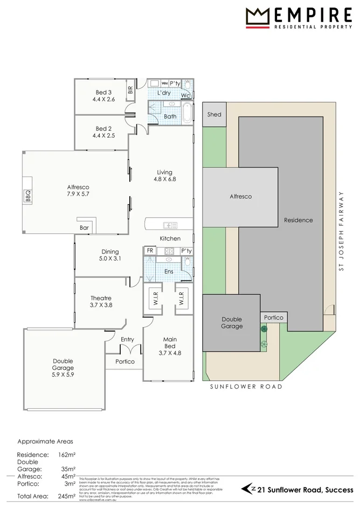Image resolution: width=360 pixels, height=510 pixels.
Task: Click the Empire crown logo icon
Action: pyautogui.click(x=258, y=17)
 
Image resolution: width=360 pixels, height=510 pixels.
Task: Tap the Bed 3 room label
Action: pyautogui.click(x=103, y=96)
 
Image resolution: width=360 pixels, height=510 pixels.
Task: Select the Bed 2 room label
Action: pyautogui.click(x=103, y=132)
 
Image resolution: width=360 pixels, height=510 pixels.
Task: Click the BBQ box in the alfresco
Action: pyautogui.click(x=27, y=198)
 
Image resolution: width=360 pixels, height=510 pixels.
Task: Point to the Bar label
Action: pyautogui.click(x=85, y=229)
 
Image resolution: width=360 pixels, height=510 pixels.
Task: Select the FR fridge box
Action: pyautogui.click(x=150, y=251)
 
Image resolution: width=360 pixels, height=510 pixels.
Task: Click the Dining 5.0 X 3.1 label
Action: pyautogui.click(x=110, y=255)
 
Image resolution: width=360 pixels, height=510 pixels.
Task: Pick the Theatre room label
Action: pyautogui.click(x=101, y=301)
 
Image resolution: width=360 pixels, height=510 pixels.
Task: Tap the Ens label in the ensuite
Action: pyautogui.click(x=169, y=272)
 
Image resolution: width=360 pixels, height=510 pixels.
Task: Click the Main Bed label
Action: pyautogui.click(x=170, y=343)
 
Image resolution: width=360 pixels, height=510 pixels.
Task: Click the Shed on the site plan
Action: pyautogui.click(x=214, y=115)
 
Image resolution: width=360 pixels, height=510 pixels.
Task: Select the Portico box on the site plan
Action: pyautogui.click(x=274, y=318)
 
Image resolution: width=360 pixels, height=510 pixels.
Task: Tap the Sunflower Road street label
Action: pyautogui.click(x=246, y=387)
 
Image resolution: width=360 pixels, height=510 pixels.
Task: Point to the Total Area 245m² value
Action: pyautogui.click(x=67, y=496)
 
